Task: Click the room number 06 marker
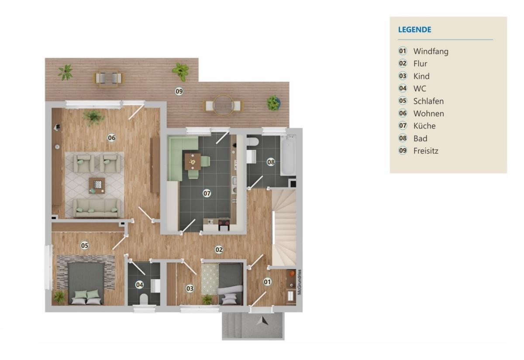pyautogui.click(x=112, y=138)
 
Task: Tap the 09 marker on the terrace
pyautogui.click(x=179, y=91)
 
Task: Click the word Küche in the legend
pyautogui.click(x=424, y=126)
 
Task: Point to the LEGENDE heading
pyautogui.click(x=415, y=30)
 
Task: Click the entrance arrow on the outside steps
pyautogui.click(x=263, y=321)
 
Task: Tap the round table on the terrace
pyautogui.click(x=224, y=105)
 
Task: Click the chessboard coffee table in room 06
pyautogui.click(x=97, y=185)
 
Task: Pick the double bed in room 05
pyautogui.click(x=86, y=283)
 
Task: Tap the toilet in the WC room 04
pyautogui.click(x=144, y=299)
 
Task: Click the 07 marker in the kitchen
pyautogui.click(x=207, y=193)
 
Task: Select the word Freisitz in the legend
pyautogui.click(x=426, y=151)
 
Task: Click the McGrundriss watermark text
pyautogui.click(x=300, y=282)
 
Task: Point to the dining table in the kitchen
pyautogui.click(x=193, y=161)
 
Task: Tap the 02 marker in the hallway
pyautogui.click(x=219, y=250)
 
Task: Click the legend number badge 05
pyautogui.click(x=403, y=101)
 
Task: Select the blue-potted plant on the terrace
pyautogui.click(x=273, y=103)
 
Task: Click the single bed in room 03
pyautogui.click(x=230, y=284)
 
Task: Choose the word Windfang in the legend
pyautogui.click(x=431, y=51)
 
